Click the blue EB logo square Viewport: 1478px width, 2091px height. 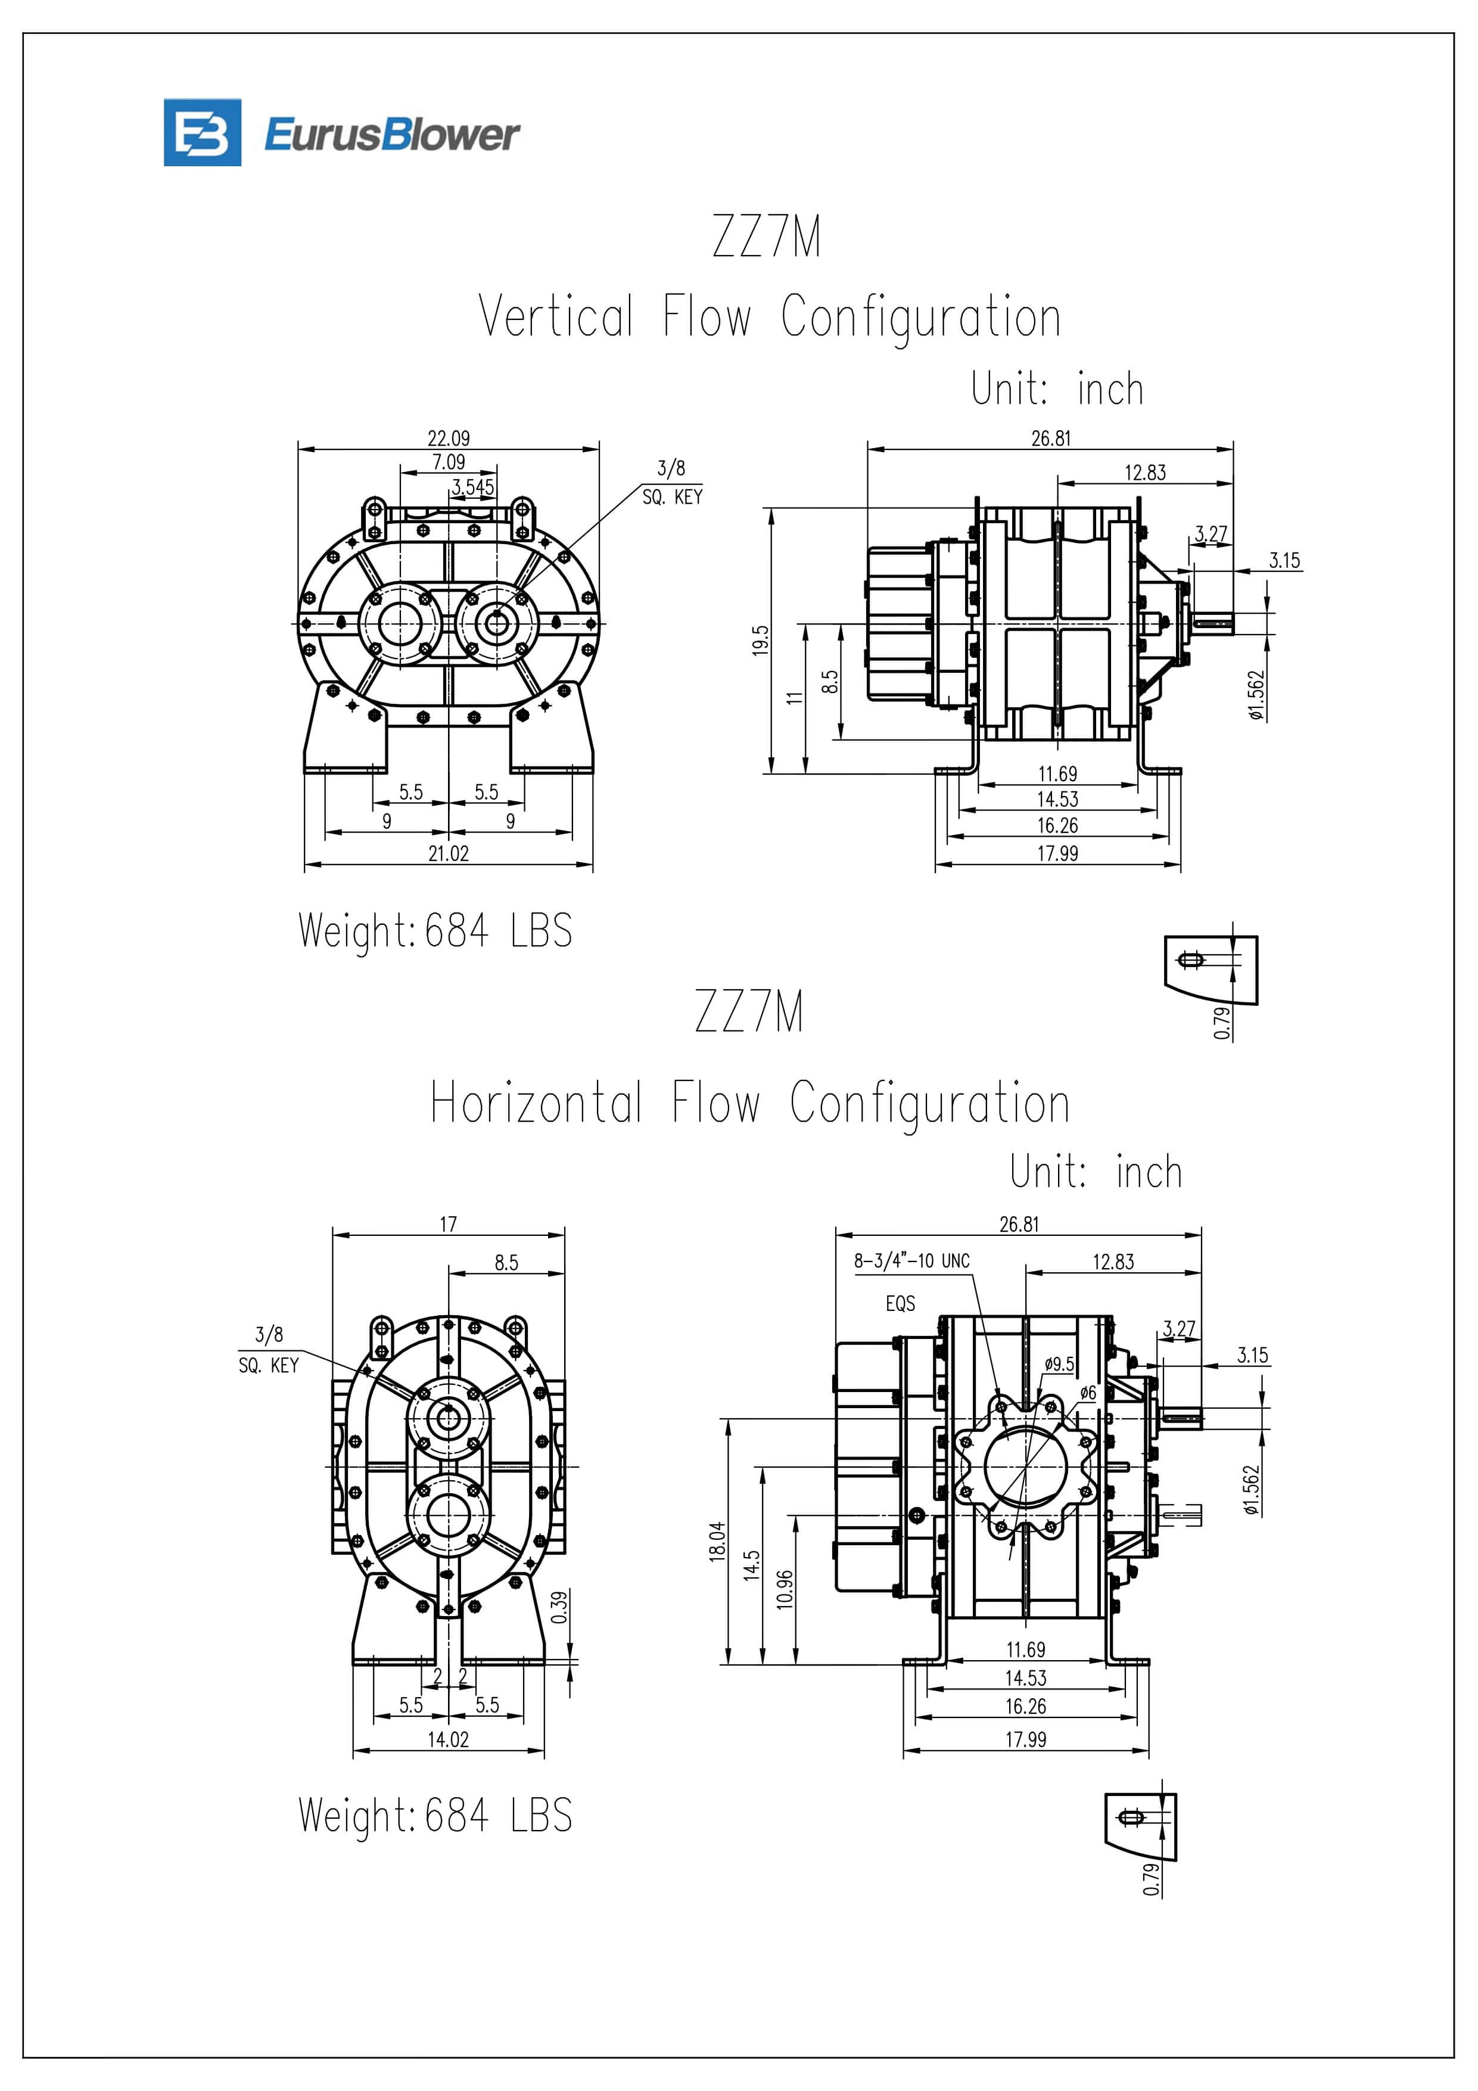coord(202,133)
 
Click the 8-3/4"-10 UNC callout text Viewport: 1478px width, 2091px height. coord(911,1260)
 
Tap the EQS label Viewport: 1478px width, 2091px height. coord(900,1303)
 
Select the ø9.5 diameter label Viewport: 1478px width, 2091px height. coord(1059,1364)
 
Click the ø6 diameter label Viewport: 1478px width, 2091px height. coord(1087,1393)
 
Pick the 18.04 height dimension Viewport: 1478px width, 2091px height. coord(718,1541)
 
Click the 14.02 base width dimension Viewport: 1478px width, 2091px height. coord(448,1739)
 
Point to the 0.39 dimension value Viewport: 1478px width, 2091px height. coord(560,1607)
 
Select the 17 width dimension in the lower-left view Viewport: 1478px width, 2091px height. coord(448,1224)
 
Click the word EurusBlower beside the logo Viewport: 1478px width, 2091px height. coord(391,135)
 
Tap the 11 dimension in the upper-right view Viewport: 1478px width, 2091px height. coord(795,698)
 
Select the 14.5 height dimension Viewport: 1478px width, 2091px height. coord(751,1565)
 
